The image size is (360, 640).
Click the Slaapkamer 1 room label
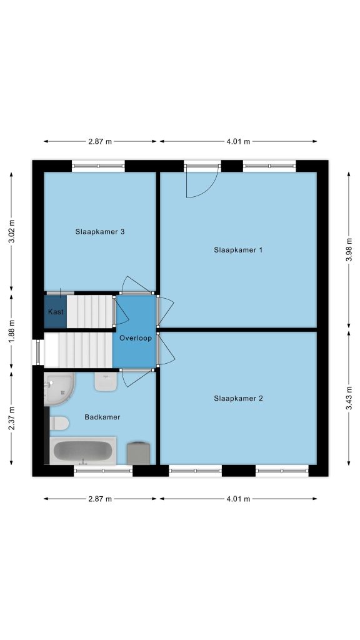point(238,250)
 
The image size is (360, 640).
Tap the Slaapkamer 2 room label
point(238,398)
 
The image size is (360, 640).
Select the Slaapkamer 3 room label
point(99,232)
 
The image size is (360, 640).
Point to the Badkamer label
point(102,417)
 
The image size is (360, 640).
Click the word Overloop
point(136,338)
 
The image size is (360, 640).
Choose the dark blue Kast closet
point(56,311)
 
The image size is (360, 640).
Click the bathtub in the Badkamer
point(83,451)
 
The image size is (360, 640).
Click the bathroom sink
point(106,381)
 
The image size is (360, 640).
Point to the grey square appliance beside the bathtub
point(138,453)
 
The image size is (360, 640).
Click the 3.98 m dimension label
point(349,250)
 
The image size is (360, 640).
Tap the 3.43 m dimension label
point(349,398)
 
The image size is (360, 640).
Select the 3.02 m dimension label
point(11,231)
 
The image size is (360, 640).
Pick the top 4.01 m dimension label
point(238,142)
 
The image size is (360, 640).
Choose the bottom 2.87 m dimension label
point(100,499)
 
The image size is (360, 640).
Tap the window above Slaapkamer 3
point(98,166)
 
